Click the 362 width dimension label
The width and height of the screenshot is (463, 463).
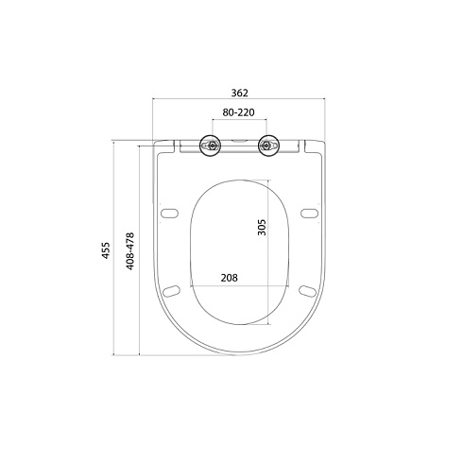pos(240,93)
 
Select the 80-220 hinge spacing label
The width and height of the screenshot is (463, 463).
pos(238,112)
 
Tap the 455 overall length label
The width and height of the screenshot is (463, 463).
pos(106,250)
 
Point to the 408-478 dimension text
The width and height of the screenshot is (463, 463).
pos(130,251)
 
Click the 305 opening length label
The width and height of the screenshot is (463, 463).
pos(262,227)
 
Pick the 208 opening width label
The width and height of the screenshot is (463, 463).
pos(230,278)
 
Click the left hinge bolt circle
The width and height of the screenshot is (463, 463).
pos(210,146)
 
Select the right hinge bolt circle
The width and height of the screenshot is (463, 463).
pos(268,146)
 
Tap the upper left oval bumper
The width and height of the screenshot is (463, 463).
pos(169,214)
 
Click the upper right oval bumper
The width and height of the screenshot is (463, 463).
pos(309,214)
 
